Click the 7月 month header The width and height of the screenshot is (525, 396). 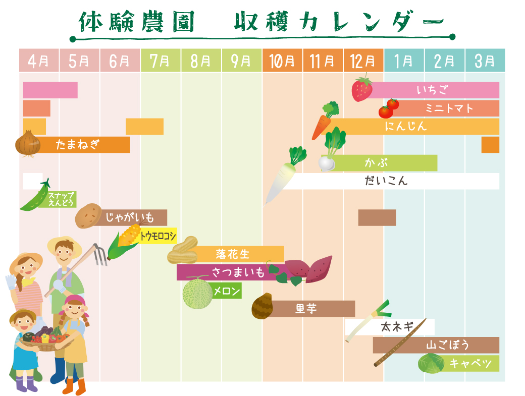(161, 61)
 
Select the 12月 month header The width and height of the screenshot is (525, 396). (363, 61)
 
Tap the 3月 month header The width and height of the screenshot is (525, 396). (485, 61)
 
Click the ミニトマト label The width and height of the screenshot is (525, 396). (449, 108)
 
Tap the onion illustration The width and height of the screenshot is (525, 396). (28, 144)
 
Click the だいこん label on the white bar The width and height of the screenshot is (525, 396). (386, 181)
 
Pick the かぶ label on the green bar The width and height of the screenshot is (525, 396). (373, 163)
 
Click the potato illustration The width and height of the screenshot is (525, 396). (89, 216)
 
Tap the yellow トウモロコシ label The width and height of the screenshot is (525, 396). (159, 236)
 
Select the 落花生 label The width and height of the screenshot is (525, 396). (233, 254)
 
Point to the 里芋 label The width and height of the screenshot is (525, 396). (306, 308)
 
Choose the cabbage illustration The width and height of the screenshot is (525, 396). (431, 363)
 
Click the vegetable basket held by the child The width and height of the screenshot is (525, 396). (44, 341)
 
